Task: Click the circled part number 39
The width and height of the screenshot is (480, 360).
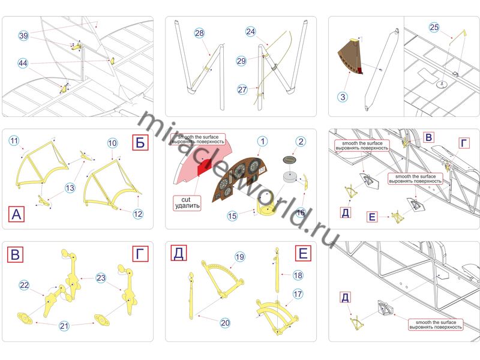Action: click(23, 36)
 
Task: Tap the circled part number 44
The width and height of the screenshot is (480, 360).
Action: click(23, 62)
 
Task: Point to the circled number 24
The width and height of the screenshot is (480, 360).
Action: click(251, 32)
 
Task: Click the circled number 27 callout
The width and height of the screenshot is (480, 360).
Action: click(242, 89)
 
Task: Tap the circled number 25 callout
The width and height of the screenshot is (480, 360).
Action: click(434, 27)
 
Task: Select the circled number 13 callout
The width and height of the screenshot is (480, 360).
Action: click(70, 188)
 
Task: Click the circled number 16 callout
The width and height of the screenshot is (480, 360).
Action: click(301, 212)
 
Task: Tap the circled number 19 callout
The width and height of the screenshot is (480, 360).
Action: click(240, 257)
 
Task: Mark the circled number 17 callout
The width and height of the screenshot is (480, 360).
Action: click(298, 295)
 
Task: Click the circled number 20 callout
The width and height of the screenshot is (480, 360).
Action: click(225, 323)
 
